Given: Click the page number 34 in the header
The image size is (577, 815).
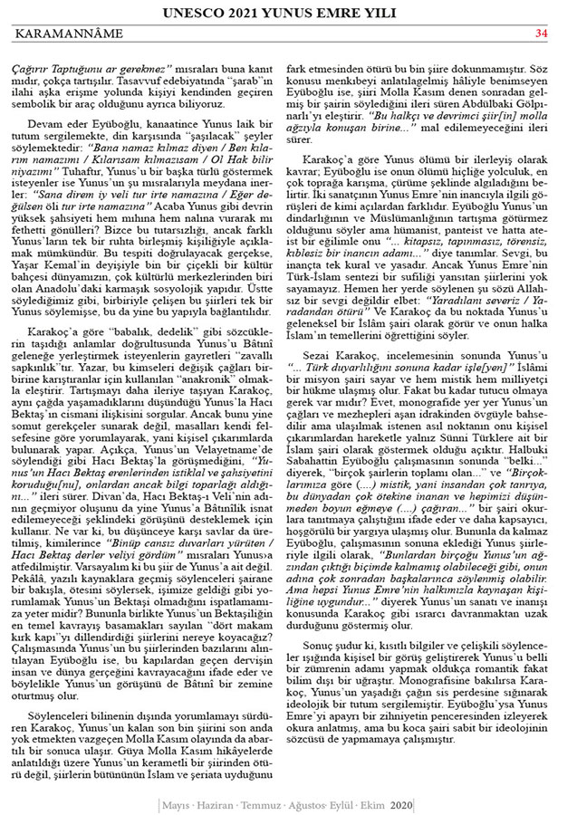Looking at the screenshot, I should pos(542,34).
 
